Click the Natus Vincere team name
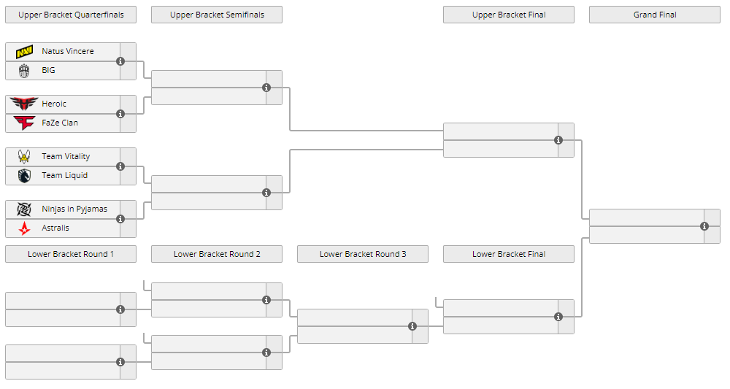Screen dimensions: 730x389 pos(67,51)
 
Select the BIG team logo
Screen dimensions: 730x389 pos(24,71)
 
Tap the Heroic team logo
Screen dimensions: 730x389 pos(24,104)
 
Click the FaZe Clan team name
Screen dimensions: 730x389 pos(60,123)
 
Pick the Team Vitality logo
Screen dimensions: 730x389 pos(24,156)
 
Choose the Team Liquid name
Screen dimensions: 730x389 pos(65,175)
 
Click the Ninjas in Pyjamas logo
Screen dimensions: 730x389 pos(24,209)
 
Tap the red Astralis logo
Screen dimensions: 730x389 pos(24,228)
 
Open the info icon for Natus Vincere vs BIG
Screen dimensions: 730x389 pos(120,61)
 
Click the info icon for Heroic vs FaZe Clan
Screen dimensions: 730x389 pos(120,114)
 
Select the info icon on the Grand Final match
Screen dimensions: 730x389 pos(704,226)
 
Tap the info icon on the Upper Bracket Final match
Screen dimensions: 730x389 pos(558,140)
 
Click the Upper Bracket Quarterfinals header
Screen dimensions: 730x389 pos(71,15)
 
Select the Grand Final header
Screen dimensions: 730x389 pos(655,15)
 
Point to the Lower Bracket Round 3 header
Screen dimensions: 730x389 pos(363,254)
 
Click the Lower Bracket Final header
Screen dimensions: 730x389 pos(508,254)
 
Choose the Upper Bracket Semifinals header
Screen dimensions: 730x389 pos(217,15)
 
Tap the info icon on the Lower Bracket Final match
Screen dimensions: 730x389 pos(558,317)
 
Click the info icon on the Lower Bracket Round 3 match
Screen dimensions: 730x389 pos(412,326)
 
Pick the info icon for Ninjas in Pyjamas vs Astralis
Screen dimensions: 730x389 pos(120,219)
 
